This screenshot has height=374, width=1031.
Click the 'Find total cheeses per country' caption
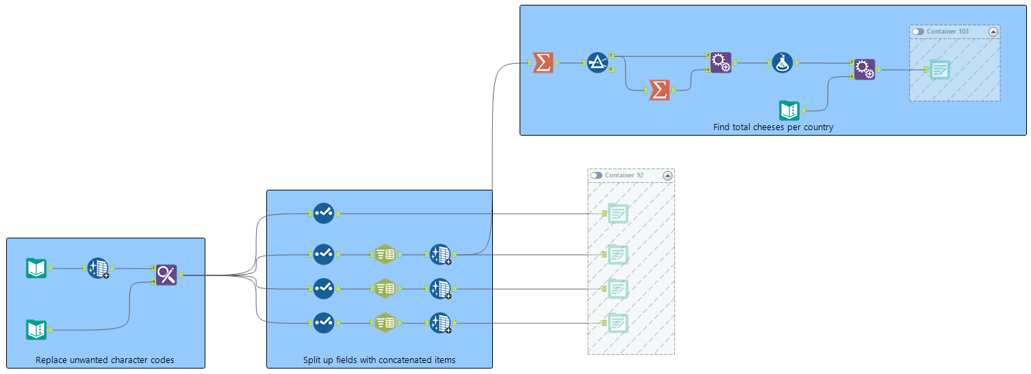(773, 127)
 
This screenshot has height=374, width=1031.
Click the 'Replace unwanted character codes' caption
(105, 360)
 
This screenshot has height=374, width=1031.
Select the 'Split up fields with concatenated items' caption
(379, 360)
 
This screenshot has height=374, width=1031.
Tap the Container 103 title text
(947, 32)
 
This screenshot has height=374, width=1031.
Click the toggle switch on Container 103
(918, 32)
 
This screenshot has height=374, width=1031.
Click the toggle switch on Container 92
(596, 175)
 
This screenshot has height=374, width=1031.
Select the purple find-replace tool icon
(166, 275)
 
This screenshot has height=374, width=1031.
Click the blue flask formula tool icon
(782, 63)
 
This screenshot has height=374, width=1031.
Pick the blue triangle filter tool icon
(597, 63)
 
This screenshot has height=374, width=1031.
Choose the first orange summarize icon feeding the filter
(543, 63)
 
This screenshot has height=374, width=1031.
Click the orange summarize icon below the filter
(659, 90)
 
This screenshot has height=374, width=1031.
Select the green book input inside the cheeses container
(789, 110)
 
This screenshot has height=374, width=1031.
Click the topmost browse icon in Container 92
(618, 214)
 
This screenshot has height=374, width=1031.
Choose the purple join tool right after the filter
(720, 63)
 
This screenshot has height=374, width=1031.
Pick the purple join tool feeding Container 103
(864, 70)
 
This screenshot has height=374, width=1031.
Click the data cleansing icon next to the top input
(98, 269)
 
